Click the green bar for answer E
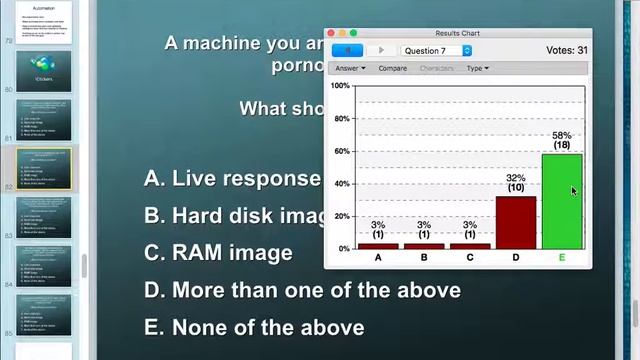(561, 201)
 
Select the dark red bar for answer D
(516, 222)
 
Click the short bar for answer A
(378, 246)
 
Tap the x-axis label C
(470, 258)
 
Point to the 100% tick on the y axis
(340, 86)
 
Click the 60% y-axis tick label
(340, 151)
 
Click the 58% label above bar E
(561, 136)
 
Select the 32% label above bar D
(516, 179)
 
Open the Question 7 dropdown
(436, 50)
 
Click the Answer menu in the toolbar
(350, 68)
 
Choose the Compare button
(392, 68)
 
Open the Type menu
(477, 68)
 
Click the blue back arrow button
(347, 50)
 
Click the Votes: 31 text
(567, 50)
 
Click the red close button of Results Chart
(332, 33)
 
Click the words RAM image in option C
(232, 253)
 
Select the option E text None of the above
(268, 327)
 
